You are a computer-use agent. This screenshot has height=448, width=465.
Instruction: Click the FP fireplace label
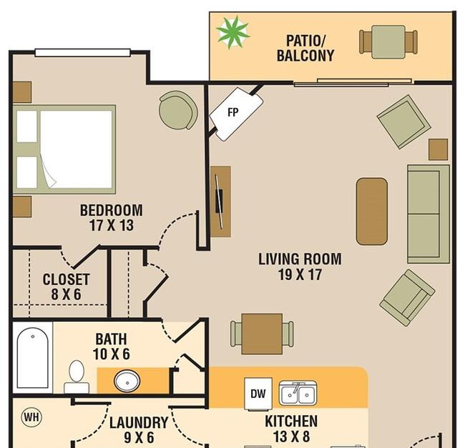point(232,112)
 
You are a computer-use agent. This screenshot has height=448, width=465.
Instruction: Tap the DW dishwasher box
point(258,394)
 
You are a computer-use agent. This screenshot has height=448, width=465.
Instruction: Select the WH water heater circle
point(31,417)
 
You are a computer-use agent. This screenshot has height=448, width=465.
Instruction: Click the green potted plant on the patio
point(232,32)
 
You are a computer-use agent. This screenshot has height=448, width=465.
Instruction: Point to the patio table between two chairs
point(388,41)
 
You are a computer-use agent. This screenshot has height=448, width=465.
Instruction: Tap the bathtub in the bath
point(33,357)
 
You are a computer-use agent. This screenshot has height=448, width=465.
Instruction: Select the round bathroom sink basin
point(127,382)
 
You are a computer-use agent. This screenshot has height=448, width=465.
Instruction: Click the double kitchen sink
point(298,393)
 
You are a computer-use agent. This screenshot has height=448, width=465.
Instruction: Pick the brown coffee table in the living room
point(372,211)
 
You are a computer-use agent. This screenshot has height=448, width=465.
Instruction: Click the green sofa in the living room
point(429,214)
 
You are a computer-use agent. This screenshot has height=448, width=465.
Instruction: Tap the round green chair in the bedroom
point(178,110)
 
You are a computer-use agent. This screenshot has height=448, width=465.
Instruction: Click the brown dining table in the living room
point(262,334)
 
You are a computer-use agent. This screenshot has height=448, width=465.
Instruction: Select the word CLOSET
point(66,279)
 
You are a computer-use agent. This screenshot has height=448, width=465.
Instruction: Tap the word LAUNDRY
point(139,422)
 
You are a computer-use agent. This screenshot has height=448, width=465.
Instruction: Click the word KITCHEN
point(291,421)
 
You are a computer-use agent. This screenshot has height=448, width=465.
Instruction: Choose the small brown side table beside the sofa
point(439,149)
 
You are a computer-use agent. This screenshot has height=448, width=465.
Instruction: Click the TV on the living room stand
point(219,201)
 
